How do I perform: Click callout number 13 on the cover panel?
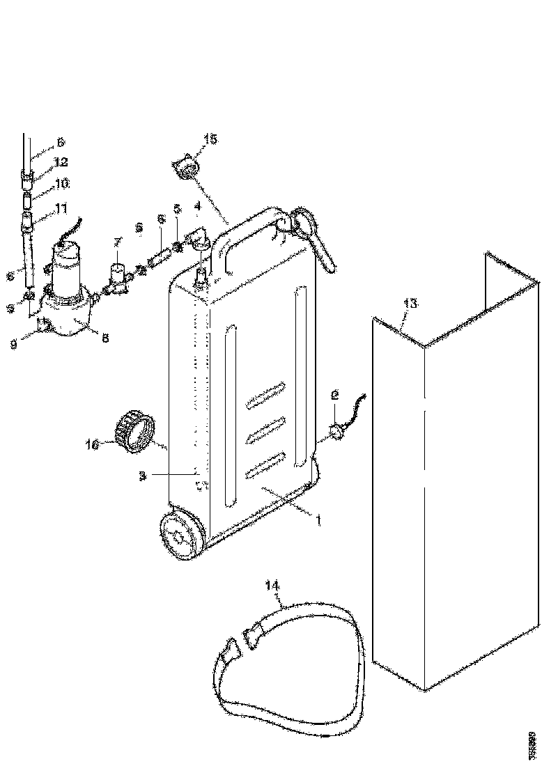pyautogui.click(x=410, y=303)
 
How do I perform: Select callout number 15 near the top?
pyautogui.click(x=210, y=139)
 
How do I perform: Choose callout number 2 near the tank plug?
pyautogui.click(x=335, y=394)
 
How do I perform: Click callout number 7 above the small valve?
pyautogui.click(x=117, y=242)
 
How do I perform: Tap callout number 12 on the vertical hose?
pyautogui.click(x=61, y=162)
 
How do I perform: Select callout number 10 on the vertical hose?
pyautogui.click(x=62, y=184)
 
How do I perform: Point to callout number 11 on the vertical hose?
pyautogui.click(x=61, y=208)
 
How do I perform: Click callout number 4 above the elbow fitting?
pyautogui.click(x=198, y=206)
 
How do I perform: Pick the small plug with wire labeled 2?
pyautogui.click(x=339, y=432)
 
